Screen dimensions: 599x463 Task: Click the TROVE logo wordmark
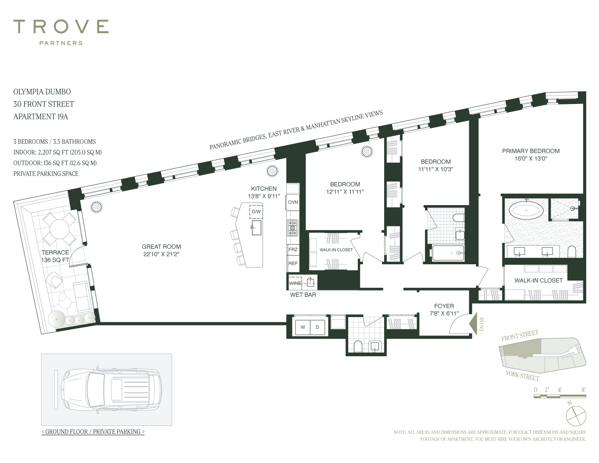(61, 26)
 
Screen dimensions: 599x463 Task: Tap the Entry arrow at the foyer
(474, 323)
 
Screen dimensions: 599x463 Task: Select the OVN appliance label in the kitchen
(293, 202)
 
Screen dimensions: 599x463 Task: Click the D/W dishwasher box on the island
(256, 212)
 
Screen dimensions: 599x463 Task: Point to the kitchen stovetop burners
(293, 228)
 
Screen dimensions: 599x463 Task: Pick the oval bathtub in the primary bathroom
(526, 211)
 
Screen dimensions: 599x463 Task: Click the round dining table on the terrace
(59, 229)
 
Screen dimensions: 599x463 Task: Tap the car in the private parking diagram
(111, 389)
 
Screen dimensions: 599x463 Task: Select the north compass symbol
(575, 416)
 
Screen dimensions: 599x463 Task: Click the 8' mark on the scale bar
(583, 390)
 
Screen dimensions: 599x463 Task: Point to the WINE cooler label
(295, 283)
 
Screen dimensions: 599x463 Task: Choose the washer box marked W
(303, 327)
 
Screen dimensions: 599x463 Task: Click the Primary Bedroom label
(531, 151)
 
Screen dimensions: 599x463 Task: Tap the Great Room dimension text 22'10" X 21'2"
(161, 254)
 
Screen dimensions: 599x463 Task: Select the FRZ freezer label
(293, 250)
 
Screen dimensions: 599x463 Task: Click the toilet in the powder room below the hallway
(358, 347)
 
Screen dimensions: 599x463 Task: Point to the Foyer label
(444, 306)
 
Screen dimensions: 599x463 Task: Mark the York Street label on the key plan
(522, 376)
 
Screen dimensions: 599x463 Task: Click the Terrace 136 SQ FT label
(55, 256)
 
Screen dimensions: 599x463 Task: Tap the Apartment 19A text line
(40, 117)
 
